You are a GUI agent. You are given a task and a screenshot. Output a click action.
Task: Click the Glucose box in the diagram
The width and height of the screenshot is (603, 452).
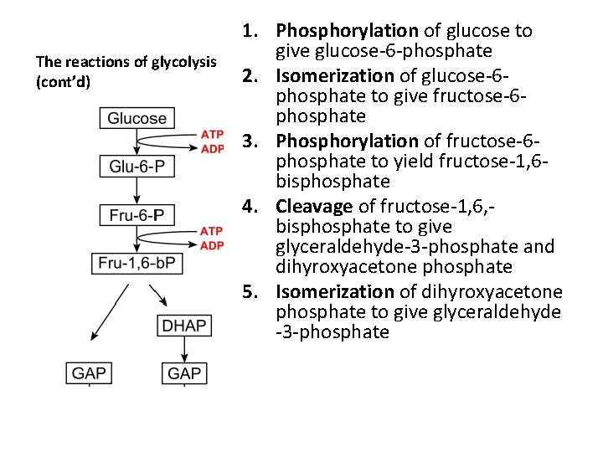click(x=137, y=119)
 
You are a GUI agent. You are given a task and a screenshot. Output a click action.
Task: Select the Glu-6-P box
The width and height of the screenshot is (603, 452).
click(x=137, y=167)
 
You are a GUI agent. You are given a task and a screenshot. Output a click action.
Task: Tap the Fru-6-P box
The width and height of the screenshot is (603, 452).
click(x=137, y=215)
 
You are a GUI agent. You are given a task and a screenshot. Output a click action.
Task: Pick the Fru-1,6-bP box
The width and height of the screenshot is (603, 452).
click(x=137, y=263)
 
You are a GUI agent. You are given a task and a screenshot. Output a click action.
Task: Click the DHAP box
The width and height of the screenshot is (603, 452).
click(x=184, y=326)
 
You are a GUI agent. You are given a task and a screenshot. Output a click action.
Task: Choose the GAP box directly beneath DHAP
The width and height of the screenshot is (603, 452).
click(x=184, y=372)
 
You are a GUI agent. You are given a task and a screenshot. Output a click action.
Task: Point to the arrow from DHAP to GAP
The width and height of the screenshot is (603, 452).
click(x=184, y=350)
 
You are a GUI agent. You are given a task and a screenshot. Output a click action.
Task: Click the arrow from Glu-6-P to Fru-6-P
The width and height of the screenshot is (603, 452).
click(x=137, y=191)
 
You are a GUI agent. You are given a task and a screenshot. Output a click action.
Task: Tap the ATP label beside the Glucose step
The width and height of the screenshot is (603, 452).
click(x=212, y=135)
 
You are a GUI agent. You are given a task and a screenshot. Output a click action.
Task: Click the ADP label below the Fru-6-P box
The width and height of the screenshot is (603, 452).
click(x=212, y=245)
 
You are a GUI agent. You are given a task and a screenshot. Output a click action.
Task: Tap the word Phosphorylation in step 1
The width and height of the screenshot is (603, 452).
click(x=347, y=31)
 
